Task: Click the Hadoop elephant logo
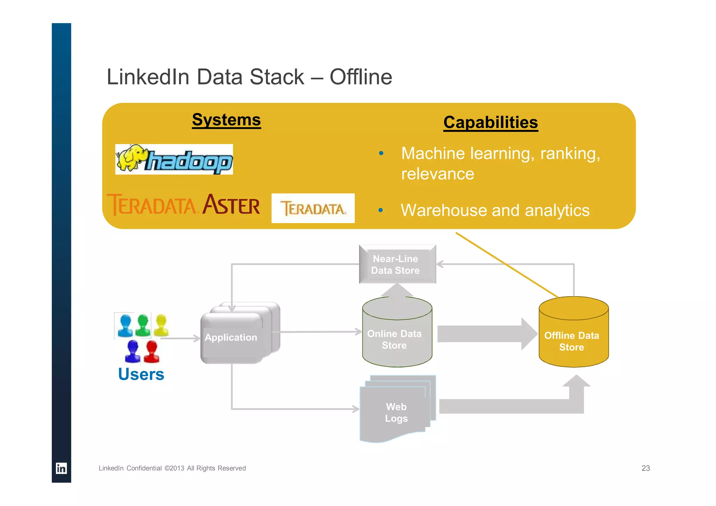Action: coord(174,159)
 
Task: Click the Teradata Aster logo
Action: coord(184,205)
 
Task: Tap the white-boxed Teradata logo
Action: coord(313,208)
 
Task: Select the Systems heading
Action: coord(226,120)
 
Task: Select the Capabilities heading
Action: coord(490,123)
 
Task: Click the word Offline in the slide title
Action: coord(360,77)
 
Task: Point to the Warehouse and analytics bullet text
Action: coord(495,211)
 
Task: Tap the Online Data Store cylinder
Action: coord(397,338)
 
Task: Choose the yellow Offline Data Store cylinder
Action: coord(573,338)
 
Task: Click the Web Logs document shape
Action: coord(396,412)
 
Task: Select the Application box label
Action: coord(231,337)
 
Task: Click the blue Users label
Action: coord(141,374)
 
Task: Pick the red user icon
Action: coord(151,351)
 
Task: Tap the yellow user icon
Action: coord(161,325)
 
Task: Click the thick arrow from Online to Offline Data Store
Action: coord(486,334)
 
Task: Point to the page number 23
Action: coord(645,468)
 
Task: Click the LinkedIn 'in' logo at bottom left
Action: coord(61,468)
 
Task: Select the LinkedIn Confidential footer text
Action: coord(172,468)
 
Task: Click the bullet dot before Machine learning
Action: coord(381,153)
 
